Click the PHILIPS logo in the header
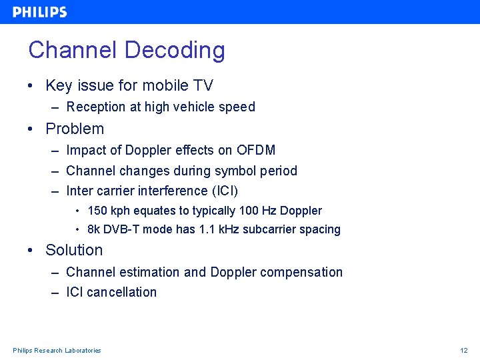39,12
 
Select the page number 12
464,351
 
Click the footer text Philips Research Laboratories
57,351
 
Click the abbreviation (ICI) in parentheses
225,191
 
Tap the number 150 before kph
97,211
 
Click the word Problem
75,129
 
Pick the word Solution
74,251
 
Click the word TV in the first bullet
203,86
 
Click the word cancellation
122,293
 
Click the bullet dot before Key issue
31,86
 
